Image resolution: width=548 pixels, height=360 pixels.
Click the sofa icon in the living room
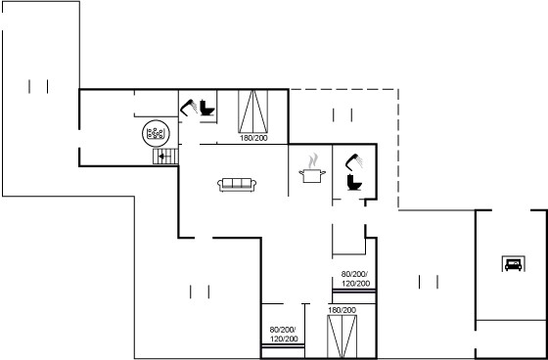click(237, 185)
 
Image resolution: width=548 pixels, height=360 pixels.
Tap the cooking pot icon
click(312, 175)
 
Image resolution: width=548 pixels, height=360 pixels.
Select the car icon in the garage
click(513, 263)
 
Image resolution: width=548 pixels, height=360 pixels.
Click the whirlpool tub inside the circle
click(156, 133)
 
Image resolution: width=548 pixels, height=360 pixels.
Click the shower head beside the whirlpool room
click(189, 108)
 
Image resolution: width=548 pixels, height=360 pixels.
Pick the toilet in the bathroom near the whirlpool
click(207, 108)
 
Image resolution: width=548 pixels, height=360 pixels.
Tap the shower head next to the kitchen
click(353, 161)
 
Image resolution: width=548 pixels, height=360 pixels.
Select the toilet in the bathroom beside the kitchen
click(354, 183)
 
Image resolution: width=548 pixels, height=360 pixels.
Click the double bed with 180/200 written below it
click(253, 112)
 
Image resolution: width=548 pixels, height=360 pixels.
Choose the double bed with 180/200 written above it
click(342, 337)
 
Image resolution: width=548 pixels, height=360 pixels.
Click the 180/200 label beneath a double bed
click(253, 138)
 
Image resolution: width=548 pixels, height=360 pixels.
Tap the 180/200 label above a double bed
click(342, 310)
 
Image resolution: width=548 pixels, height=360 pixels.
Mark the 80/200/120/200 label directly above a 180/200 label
click(355, 279)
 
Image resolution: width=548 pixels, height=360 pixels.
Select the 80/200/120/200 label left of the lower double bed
click(284, 335)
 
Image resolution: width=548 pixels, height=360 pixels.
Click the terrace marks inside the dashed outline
click(342, 115)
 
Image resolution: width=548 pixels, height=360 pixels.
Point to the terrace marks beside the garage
click(429, 282)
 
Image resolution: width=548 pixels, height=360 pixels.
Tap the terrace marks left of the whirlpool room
click(38, 86)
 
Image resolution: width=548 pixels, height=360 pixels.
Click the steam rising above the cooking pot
click(313, 160)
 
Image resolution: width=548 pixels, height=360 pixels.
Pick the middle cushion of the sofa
click(237, 183)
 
